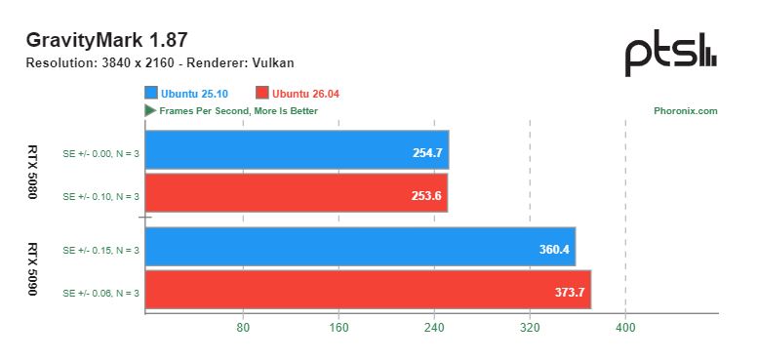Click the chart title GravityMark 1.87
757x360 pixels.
[x=106, y=40]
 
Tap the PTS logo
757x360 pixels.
[x=671, y=54]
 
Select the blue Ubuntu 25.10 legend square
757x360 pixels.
[x=151, y=93]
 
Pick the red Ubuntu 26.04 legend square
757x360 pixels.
[x=262, y=93]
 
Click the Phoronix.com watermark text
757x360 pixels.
[x=686, y=111]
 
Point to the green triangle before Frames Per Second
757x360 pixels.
[x=150, y=111]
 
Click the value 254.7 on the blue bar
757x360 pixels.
[x=427, y=153]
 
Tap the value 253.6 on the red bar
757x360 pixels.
[x=426, y=196]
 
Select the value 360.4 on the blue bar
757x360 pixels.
[x=554, y=250]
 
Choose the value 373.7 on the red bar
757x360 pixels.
[x=570, y=293]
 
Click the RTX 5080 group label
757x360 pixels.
[x=32, y=172]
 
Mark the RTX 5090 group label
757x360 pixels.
[x=32, y=269]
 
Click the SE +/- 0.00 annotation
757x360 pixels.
[x=100, y=154]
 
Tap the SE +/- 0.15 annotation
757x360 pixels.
[x=100, y=251]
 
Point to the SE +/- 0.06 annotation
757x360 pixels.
[x=100, y=293]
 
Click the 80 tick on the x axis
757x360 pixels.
[x=243, y=328]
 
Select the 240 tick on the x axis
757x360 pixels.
[x=434, y=328]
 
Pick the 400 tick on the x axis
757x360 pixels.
[x=625, y=328]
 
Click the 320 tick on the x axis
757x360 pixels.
[x=530, y=328]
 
